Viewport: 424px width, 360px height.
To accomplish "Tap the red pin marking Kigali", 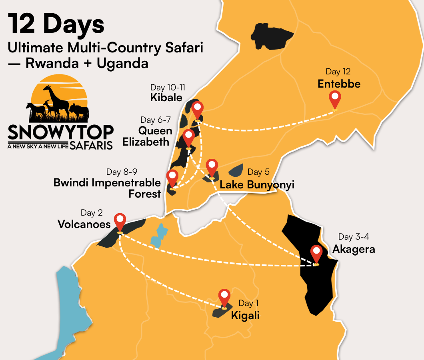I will pyautogui.click(x=224, y=296).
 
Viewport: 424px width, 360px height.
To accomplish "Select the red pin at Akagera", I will pyautogui.click(x=316, y=253).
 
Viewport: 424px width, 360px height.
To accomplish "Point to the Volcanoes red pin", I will pyautogui.click(x=120, y=221).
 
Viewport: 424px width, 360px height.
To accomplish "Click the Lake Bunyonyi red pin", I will pyautogui.click(x=212, y=166).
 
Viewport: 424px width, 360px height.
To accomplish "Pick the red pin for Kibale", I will pyautogui.click(x=197, y=109).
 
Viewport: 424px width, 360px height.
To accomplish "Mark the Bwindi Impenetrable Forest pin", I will pyautogui.click(x=172, y=177).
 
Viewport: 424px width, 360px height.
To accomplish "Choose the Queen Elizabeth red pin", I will pyautogui.click(x=188, y=137).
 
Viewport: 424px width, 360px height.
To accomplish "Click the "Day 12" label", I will pyautogui.click(x=338, y=72).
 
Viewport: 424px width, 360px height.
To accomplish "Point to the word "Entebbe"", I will pyautogui.click(x=339, y=84).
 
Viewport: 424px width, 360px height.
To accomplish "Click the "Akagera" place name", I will pyautogui.click(x=354, y=249).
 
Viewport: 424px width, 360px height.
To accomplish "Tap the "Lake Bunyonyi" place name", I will pyautogui.click(x=257, y=185).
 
